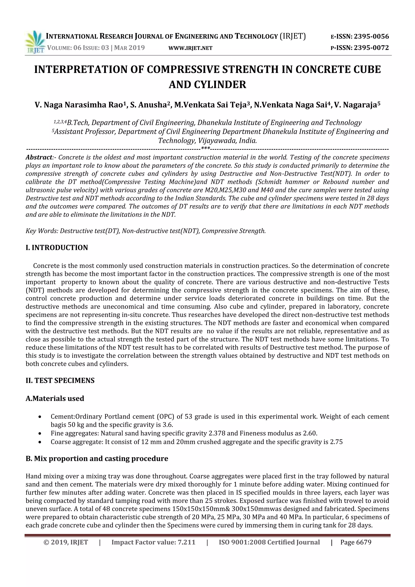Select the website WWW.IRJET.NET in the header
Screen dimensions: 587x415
pos(190,48)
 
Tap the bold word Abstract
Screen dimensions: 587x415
pos(39,157)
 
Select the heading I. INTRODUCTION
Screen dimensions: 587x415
pos(57,247)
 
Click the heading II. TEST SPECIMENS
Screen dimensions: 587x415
pos(60,380)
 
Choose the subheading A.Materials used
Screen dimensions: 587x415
pos(55,398)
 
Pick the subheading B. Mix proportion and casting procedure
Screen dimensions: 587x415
pos(97,458)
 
